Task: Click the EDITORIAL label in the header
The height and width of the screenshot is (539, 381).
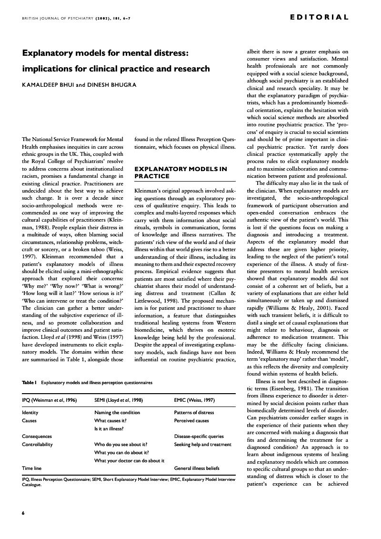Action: pyautogui.click(x=319, y=17)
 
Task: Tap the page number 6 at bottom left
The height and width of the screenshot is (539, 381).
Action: pyautogui.click(x=23, y=513)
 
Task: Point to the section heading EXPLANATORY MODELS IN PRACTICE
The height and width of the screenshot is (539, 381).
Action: pyautogui.click(x=180, y=172)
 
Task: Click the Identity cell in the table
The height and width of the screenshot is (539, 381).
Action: pyautogui.click(x=30, y=412)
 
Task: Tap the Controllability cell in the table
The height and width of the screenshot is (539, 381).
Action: pyautogui.click(x=37, y=444)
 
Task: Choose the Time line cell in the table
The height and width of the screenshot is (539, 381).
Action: pyautogui.click(x=32, y=468)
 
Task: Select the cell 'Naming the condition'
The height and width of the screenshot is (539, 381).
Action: pyautogui.click(x=117, y=412)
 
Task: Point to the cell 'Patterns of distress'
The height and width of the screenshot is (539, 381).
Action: pyautogui.click(x=194, y=412)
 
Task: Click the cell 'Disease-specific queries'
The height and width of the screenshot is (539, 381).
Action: pyautogui.click(x=199, y=436)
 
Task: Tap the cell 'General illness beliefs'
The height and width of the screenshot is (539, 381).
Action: pyautogui.click(x=197, y=468)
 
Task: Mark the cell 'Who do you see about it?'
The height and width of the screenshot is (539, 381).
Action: pyautogui.click(x=120, y=444)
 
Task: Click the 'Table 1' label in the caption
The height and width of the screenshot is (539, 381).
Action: pyautogui.click(x=30, y=382)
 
